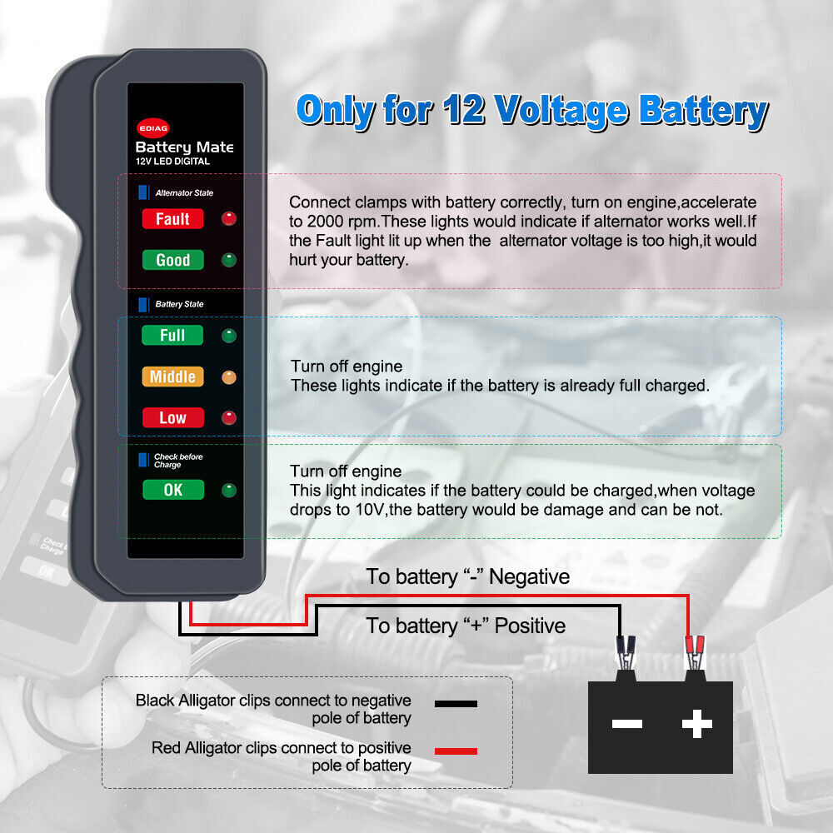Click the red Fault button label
tap(172, 219)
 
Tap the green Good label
tap(172, 260)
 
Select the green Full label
tap(172, 336)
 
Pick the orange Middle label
tap(172, 377)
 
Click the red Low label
tap(172, 417)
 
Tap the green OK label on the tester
tap(172, 490)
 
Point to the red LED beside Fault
tap(228, 219)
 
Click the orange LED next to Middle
tap(228, 377)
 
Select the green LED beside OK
tap(228, 490)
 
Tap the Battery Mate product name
tap(184, 147)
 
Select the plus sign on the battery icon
tap(696, 724)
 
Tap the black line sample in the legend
tap(456, 704)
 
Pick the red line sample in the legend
tap(456, 751)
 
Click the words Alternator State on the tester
tap(184, 193)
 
